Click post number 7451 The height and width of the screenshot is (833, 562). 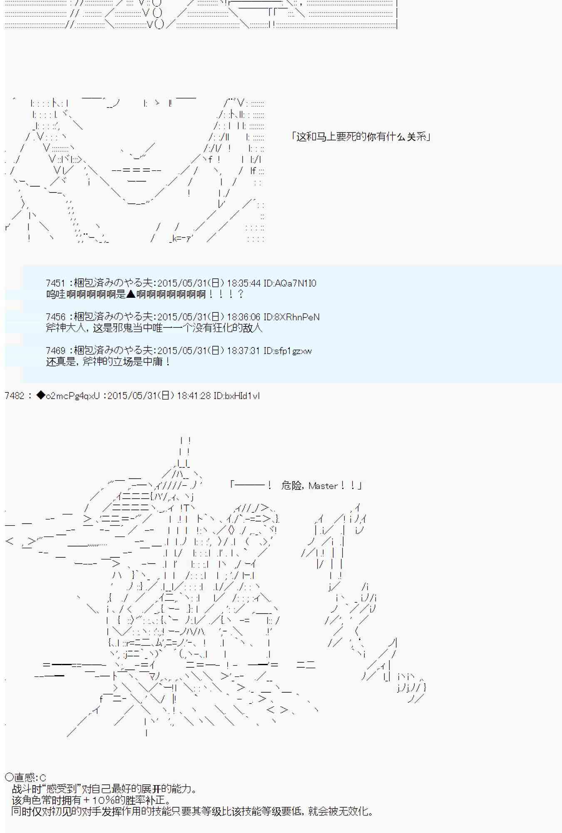(x=56, y=283)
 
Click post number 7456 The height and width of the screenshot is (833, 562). (x=56, y=317)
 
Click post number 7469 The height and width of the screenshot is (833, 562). (x=56, y=351)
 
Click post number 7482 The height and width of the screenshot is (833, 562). (x=15, y=396)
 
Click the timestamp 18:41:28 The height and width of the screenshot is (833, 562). (x=194, y=396)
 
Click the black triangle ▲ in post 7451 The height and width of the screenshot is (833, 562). (x=131, y=294)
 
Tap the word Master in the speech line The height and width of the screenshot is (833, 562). (x=323, y=486)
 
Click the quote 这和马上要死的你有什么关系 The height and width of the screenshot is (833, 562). (x=361, y=137)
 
